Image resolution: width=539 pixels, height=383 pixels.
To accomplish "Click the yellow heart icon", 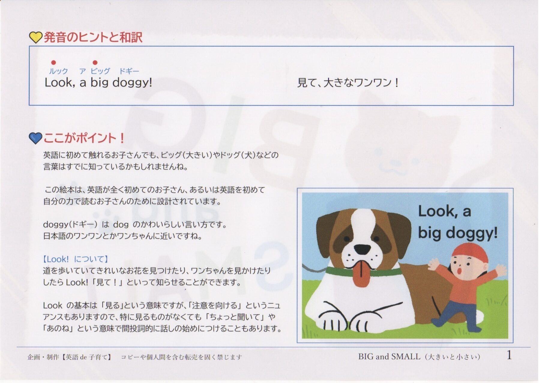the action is pos(35,38).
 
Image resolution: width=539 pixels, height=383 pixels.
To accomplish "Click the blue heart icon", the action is pos(35,138).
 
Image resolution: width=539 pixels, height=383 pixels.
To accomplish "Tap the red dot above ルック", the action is pos(53,63).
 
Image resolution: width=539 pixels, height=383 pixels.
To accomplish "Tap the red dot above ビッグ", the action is pos(95,63).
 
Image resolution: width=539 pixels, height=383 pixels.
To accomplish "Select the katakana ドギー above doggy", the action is pos(129,71).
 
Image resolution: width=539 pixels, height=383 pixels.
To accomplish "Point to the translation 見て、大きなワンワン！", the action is pos(348,83).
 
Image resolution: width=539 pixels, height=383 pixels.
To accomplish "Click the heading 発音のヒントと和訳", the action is pos(93,38).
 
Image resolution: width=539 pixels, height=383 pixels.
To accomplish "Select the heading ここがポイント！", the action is pos(84,138).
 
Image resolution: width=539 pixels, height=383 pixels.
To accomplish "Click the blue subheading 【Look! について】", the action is pos(76,259).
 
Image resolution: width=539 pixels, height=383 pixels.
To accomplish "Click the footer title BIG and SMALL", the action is pos(389,357).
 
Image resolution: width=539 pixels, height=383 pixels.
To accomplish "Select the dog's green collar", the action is pos(364,271).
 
